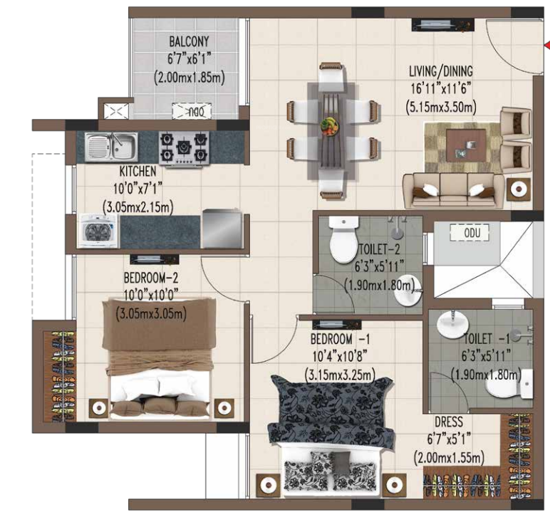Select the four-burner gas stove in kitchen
tap(184, 147)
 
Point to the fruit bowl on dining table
tap(329, 125)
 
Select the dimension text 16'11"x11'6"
tap(440, 89)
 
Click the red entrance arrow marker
tap(546, 46)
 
